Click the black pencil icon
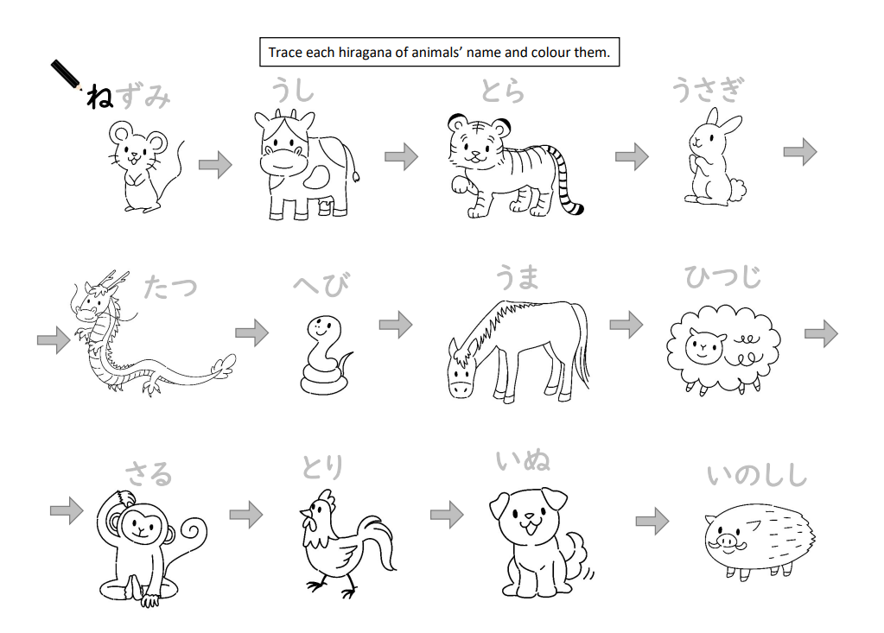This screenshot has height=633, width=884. tap(67, 75)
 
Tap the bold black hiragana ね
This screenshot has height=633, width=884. tap(99, 97)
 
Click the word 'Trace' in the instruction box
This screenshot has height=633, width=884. tap(284, 53)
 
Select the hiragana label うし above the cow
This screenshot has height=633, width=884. tap(293, 91)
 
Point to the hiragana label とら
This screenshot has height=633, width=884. tap(502, 91)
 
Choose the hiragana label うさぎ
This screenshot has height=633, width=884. tap(708, 90)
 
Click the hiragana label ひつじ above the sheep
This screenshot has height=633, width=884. tap(722, 276)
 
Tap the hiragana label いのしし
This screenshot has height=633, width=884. tap(757, 475)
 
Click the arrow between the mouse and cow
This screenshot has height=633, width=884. tap(215, 165)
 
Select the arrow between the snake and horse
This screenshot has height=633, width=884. tap(396, 325)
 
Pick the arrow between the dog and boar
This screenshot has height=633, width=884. tap(652, 521)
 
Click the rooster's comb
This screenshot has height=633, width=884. tap(325, 499)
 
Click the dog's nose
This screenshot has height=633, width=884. tap(529, 516)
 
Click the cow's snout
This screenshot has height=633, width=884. tap(283, 162)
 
